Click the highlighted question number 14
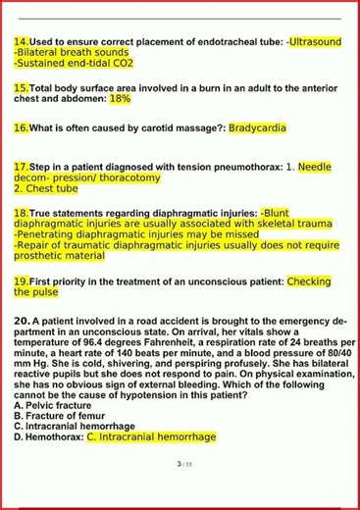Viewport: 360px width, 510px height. pyautogui.click(x=22, y=42)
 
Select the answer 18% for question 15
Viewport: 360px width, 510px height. pyautogui.click(x=120, y=99)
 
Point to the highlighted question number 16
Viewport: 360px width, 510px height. pyautogui.click(x=22, y=127)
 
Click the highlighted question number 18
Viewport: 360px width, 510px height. pyautogui.click(x=22, y=213)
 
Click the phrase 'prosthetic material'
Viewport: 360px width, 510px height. pyautogui.click(x=59, y=255)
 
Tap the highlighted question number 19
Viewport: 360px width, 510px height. pyautogui.click(x=22, y=281)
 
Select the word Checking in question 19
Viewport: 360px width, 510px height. pyautogui.click(x=309, y=281)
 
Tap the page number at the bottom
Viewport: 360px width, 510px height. pyautogui.click(x=180, y=464)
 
